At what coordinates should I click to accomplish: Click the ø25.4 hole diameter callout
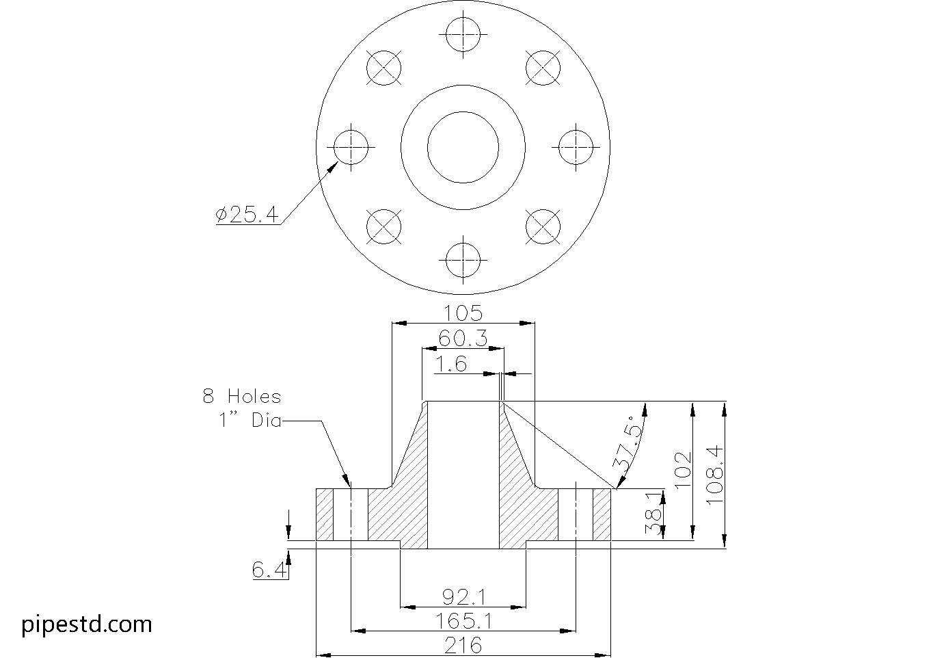pos(247,214)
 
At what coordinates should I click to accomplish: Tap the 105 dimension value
pos(463,313)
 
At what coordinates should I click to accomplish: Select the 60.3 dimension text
pos(463,338)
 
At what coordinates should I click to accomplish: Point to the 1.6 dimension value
pos(451,364)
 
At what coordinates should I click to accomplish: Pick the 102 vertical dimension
pos(682,470)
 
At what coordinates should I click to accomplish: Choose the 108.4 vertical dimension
pos(715,475)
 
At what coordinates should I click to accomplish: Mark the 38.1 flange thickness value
pos(653,513)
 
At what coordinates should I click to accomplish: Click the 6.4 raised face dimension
pos(269,569)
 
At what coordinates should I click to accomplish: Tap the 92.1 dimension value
pos(463,597)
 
